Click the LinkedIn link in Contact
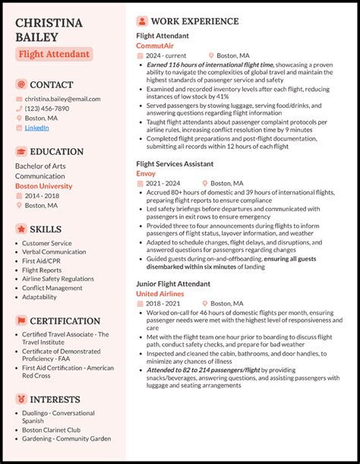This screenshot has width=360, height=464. [36, 128]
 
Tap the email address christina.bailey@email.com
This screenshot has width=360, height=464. [62, 99]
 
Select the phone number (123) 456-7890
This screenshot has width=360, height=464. [47, 109]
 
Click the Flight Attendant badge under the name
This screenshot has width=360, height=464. [54, 54]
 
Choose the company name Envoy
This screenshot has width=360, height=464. [146, 174]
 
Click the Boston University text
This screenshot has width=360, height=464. [44, 186]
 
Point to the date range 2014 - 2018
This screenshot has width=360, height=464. [43, 196]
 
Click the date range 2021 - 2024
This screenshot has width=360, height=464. [164, 184]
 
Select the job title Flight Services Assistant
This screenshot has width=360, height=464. [175, 164]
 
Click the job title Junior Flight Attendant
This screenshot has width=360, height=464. [173, 283]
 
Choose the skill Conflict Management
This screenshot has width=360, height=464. [52, 288]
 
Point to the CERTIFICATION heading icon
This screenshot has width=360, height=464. [21, 321]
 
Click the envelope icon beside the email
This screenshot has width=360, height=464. [19, 99]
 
